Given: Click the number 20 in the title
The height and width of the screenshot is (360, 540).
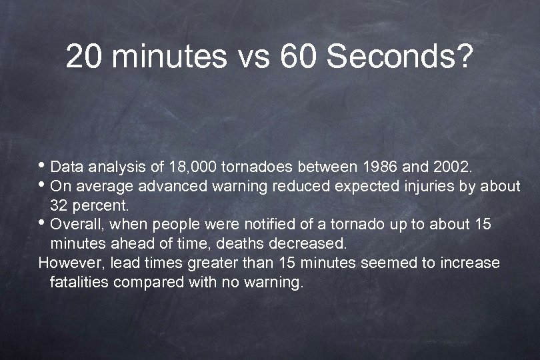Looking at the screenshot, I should coord(85,57).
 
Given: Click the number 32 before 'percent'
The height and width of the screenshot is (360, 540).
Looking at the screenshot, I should coord(60,205).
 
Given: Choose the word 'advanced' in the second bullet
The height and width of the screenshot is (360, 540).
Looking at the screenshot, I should coord(181,185).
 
